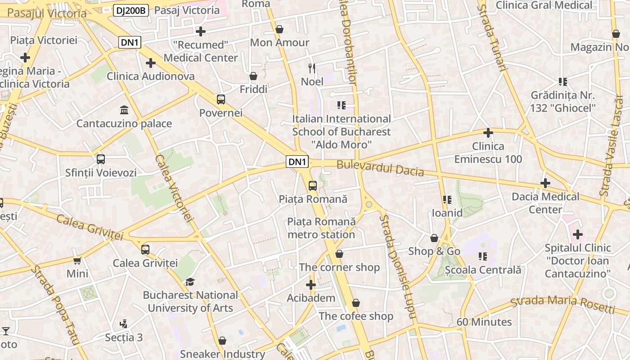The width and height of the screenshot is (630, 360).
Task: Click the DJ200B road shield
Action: click(x=131, y=10)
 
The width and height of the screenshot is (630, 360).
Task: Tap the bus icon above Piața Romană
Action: click(x=312, y=185)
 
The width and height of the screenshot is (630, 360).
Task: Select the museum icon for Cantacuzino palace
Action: click(x=124, y=110)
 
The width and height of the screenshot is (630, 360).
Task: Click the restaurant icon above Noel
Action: click(x=311, y=68)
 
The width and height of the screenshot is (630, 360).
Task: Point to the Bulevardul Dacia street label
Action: click(x=380, y=168)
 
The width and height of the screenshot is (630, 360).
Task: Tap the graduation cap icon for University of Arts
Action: click(x=190, y=282)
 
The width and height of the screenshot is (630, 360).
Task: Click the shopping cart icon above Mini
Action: click(x=77, y=261)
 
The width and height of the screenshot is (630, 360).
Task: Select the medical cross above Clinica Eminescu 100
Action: click(x=488, y=133)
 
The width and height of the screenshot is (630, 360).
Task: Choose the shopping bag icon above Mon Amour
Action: click(x=279, y=30)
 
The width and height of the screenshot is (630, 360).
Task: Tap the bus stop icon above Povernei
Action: click(x=220, y=99)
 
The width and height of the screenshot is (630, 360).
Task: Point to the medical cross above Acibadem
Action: click(x=311, y=285)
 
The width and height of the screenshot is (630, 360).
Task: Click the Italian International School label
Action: click(x=342, y=131)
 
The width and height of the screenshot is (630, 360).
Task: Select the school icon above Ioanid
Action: click(x=447, y=200)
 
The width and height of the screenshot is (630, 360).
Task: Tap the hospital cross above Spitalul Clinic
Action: click(x=577, y=234)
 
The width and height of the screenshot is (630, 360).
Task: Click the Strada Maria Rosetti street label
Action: click(x=562, y=305)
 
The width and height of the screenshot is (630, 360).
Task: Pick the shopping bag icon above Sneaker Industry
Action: click(x=222, y=341)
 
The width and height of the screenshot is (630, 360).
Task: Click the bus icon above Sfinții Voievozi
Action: click(x=101, y=159)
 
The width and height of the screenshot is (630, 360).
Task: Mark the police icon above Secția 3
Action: click(x=123, y=324)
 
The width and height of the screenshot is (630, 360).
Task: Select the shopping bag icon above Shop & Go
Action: click(x=434, y=238)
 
